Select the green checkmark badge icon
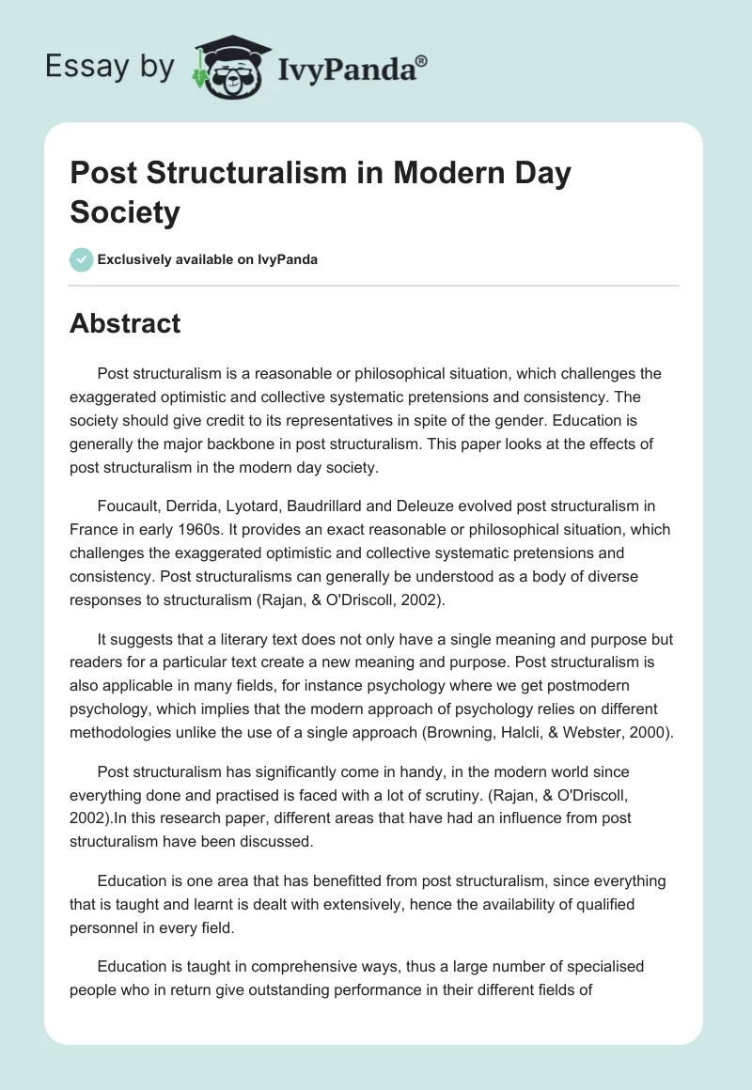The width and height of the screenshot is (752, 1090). pos(82,259)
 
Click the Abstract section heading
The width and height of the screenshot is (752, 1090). pos(125,323)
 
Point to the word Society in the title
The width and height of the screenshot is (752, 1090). pos(124,212)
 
